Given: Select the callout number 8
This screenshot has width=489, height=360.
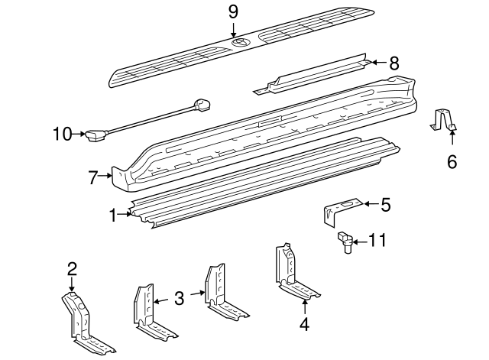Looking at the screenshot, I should (393, 63).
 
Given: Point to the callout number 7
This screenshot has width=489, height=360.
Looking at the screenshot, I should (94, 178).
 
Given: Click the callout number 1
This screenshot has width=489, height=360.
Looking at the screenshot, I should (114, 216).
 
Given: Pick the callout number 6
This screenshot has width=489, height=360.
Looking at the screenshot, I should (452, 161).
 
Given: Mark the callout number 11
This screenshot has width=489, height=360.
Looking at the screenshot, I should (377, 241).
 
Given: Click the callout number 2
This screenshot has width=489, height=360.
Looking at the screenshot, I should (72, 268).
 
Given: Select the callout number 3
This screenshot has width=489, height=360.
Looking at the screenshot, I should (179, 298).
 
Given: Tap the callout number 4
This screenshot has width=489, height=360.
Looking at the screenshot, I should (304, 324).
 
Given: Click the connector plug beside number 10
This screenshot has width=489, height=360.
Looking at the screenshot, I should (95, 136).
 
